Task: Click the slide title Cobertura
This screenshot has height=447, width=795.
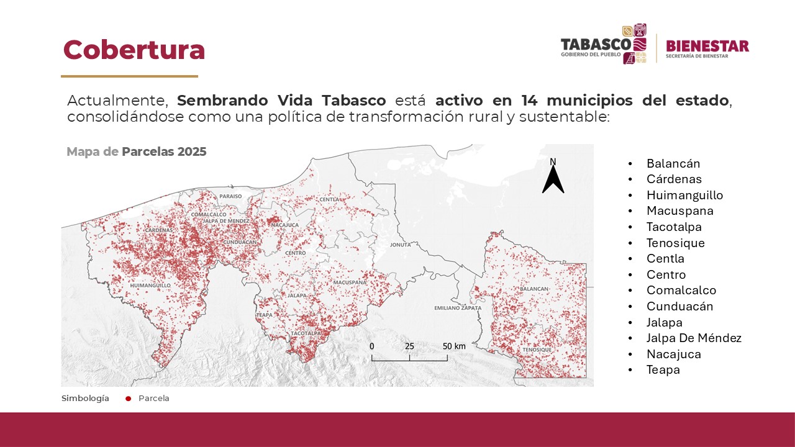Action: coord(134,50)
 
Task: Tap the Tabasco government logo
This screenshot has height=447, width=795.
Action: coord(604,45)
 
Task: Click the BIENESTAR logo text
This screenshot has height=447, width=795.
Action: coord(707,47)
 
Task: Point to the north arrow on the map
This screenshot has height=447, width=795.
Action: coord(553,177)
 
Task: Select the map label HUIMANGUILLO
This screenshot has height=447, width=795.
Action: coord(150,286)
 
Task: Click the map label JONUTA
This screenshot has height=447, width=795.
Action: coord(401,245)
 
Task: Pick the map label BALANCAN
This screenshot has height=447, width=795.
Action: coord(534,289)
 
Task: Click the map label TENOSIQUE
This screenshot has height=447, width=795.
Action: coord(537,350)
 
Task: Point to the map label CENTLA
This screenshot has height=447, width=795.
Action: coord(329,199)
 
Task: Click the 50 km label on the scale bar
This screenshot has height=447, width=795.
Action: coord(454,346)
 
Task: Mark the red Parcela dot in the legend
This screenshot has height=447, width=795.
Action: coord(128,399)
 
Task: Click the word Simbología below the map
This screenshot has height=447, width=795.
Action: coord(85,399)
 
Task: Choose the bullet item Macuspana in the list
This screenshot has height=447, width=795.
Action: coord(679,211)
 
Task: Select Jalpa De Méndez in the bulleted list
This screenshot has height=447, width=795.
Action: coord(694,338)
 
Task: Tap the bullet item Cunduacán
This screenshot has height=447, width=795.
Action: coord(679,306)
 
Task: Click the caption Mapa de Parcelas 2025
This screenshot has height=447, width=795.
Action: coord(136,151)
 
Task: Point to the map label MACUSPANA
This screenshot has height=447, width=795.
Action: coord(350,282)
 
